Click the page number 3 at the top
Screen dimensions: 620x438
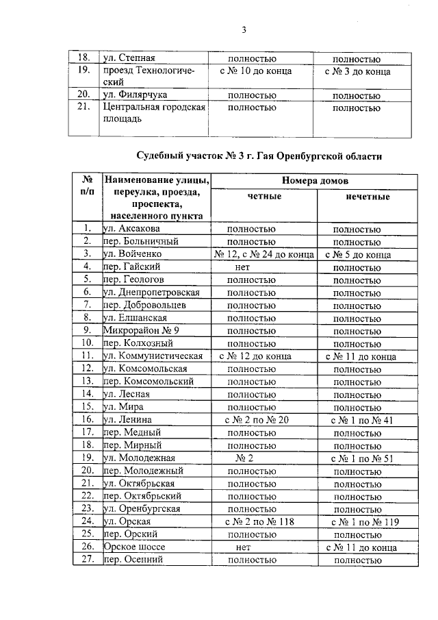243,29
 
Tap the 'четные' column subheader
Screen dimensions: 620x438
263,197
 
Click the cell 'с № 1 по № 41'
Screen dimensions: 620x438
362,419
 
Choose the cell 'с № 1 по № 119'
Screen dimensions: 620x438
362,521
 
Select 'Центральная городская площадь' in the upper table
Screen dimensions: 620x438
154,114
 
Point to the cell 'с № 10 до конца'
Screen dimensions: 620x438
256,71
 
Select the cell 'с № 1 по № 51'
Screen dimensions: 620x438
362,458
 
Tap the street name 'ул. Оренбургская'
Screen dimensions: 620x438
142,508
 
